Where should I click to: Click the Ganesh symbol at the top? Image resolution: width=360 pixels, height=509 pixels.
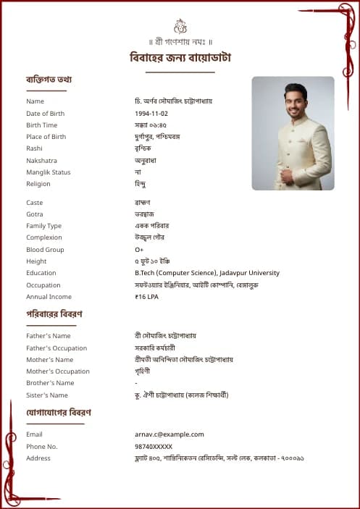click(x=180, y=26)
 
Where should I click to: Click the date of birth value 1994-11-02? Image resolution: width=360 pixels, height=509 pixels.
click(x=151, y=114)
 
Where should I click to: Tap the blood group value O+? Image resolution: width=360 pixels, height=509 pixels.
click(x=139, y=250)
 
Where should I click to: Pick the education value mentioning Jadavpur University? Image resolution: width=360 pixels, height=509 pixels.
click(x=207, y=273)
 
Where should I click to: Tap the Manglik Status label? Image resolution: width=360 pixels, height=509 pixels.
click(x=49, y=172)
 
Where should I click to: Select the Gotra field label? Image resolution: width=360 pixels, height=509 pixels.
click(x=35, y=214)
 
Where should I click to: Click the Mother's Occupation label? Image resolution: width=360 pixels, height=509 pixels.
click(x=58, y=371)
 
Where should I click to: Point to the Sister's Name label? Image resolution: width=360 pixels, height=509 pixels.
click(x=47, y=395)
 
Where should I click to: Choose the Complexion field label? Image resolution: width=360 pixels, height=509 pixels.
click(x=44, y=237)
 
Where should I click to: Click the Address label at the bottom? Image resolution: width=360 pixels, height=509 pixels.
click(x=38, y=458)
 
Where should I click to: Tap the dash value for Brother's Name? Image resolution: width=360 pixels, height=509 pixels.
click(x=136, y=383)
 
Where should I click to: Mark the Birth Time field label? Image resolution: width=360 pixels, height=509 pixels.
click(x=41, y=125)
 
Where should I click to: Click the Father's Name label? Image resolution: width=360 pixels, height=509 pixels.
click(x=49, y=336)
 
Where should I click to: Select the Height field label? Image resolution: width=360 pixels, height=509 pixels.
click(x=36, y=261)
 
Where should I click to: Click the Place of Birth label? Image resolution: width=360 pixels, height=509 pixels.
click(x=46, y=137)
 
